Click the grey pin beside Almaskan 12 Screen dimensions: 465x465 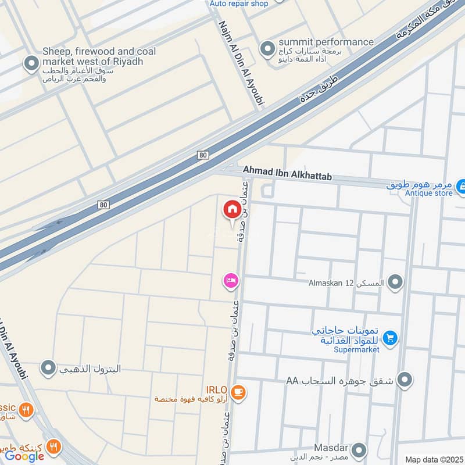point(395,282)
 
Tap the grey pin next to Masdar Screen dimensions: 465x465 point(360,450)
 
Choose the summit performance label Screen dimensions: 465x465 point(325,42)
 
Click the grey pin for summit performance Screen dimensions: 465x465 point(267,47)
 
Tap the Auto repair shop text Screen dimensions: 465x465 point(239,3)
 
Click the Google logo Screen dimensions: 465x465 point(25,456)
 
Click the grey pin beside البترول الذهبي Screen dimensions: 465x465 point(48,368)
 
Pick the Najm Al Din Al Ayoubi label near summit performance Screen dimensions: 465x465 point(241,64)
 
